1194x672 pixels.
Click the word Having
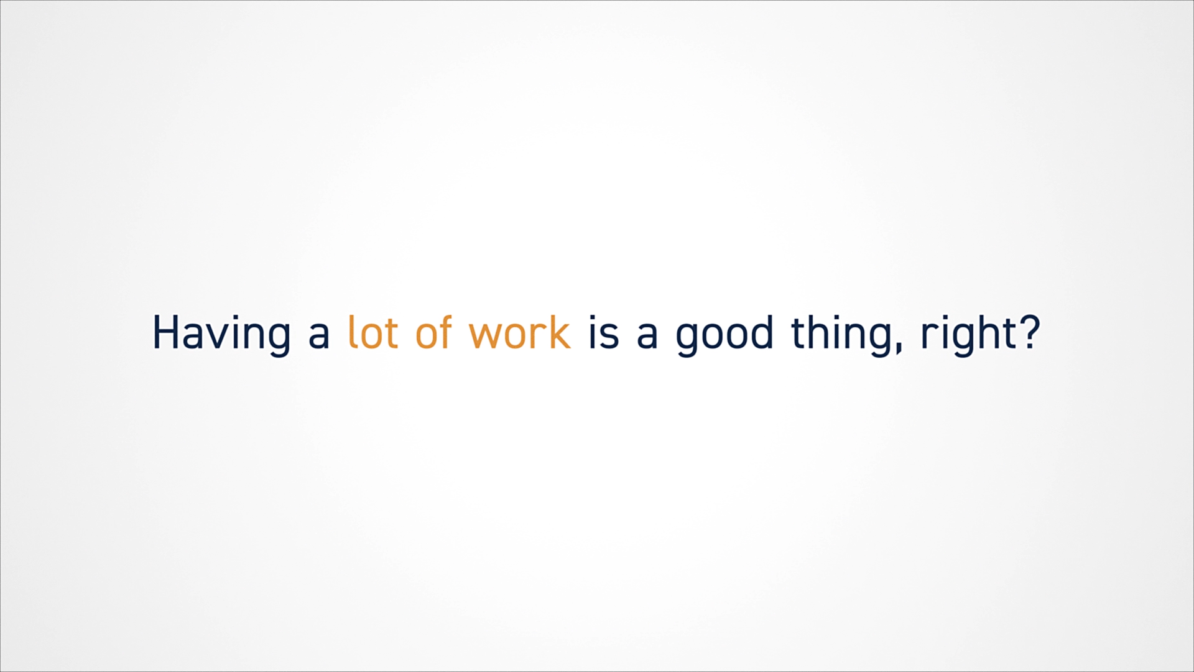[221, 335]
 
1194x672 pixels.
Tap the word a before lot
[319, 335]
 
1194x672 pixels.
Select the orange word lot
[373, 332]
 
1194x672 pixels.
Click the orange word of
[433, 331]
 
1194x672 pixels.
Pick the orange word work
[520, 332]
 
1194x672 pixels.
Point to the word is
[604, 332]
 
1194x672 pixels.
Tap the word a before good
[647, 335]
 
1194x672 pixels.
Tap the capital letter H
[167, 332]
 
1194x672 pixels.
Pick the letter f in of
[443, 331]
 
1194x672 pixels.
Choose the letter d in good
[762, 332]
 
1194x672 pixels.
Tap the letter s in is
[610, 335]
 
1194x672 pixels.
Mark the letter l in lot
[352, 332]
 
